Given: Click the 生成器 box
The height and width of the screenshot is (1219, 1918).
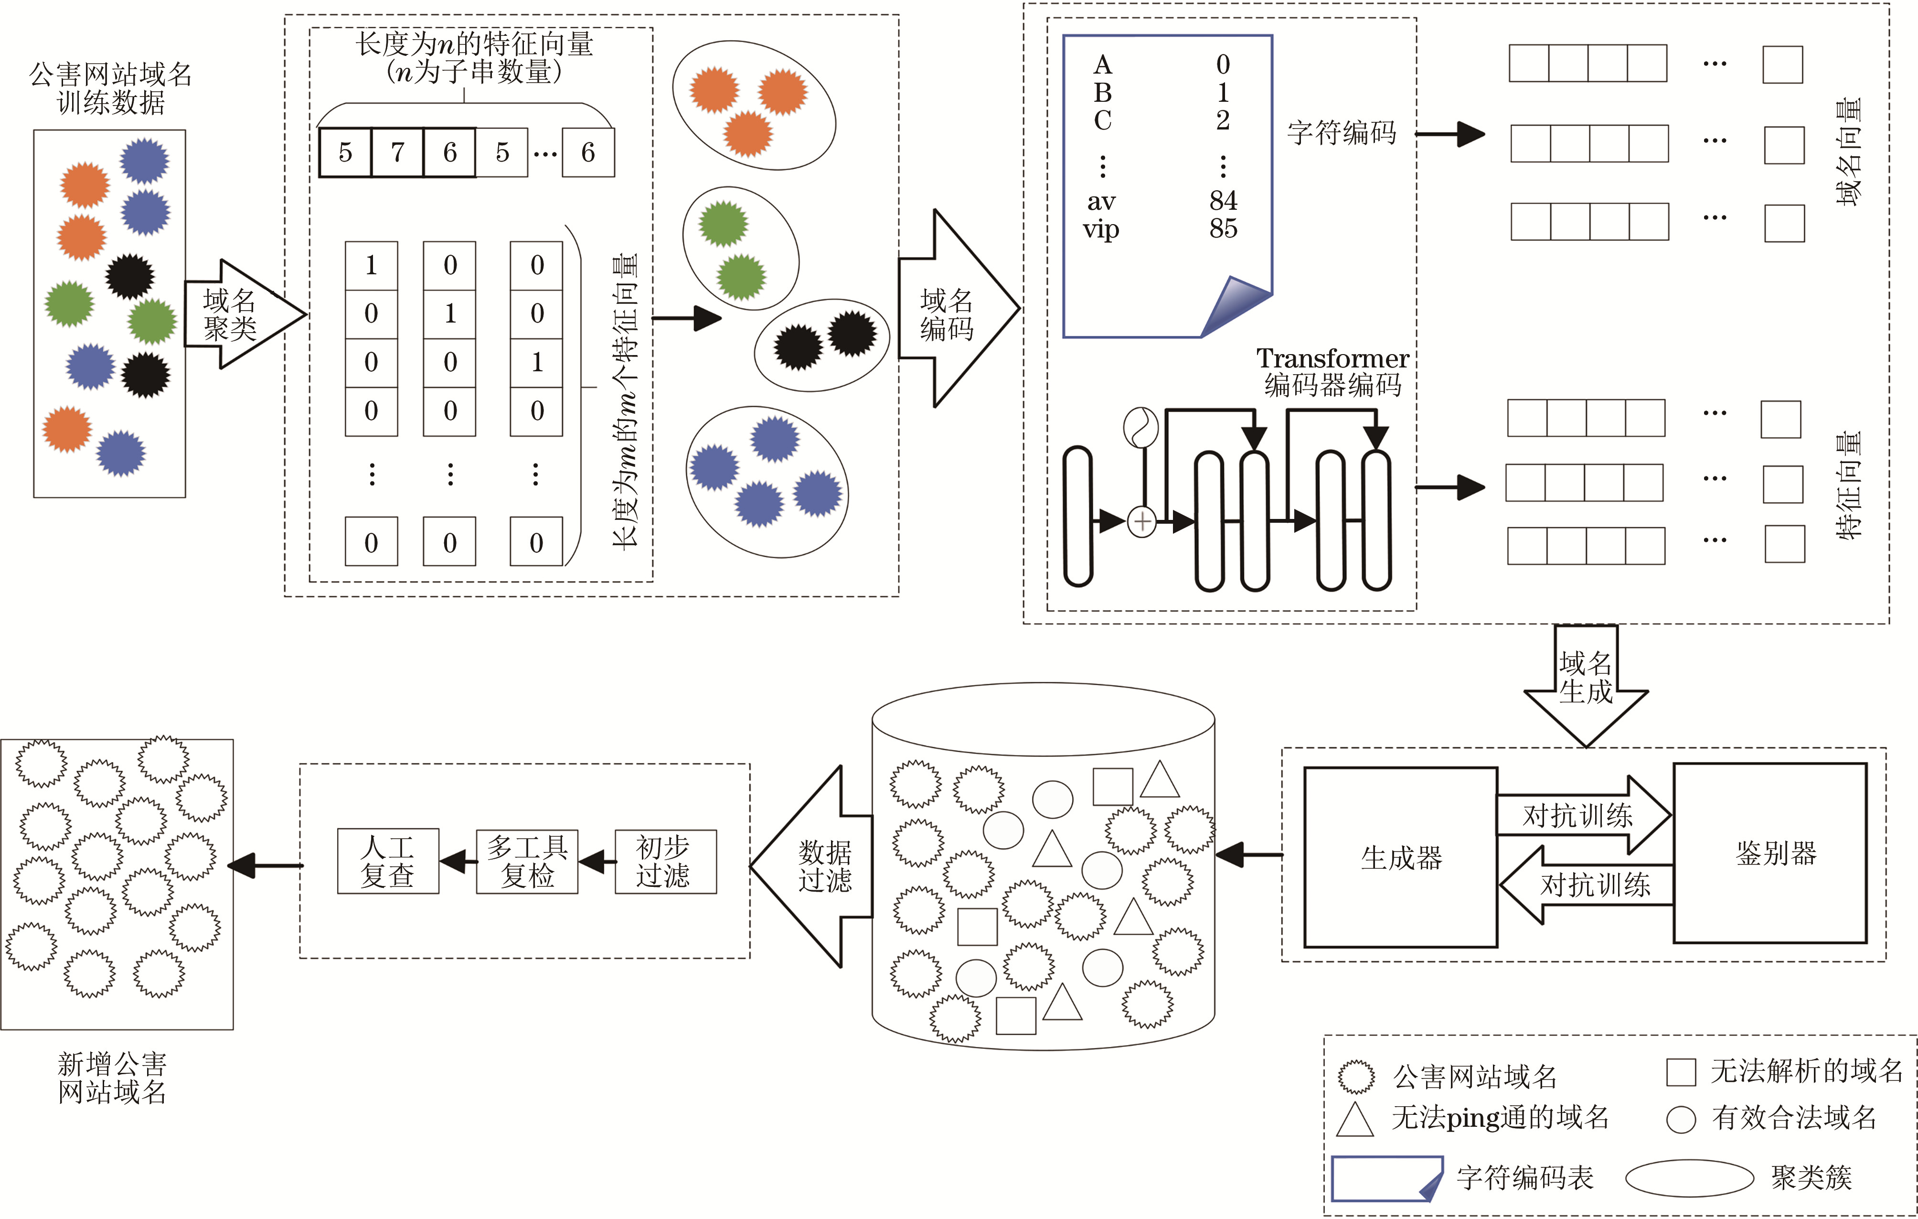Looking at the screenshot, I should (x=1400, y=857).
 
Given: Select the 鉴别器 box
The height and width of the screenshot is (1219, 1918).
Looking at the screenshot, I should (x=1770, y=853).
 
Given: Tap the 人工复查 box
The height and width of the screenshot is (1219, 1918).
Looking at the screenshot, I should (x=388, y=861).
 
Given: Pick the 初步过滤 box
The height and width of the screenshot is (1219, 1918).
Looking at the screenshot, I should (x=665, y=861).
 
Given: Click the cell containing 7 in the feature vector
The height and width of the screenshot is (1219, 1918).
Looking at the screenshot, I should (x=397, y=152).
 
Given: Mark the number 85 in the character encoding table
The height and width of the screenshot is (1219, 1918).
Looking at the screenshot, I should (x=1223, y=229).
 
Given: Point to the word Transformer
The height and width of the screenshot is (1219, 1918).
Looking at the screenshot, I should (x=1332, y=358).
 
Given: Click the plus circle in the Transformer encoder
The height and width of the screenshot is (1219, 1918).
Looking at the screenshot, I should (x=1142, y=522).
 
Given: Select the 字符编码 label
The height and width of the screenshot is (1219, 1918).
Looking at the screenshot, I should (x=1342, y=132).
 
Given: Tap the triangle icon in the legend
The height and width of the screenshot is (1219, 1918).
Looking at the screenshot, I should (x=1355, y=1119).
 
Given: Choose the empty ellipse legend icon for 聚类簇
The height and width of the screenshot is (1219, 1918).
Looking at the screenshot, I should (x=1689, y=1177).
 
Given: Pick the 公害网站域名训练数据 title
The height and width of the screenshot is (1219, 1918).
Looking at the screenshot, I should (x=111, y=88).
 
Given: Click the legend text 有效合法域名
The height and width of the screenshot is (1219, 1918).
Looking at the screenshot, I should (x=1794, y=1118).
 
